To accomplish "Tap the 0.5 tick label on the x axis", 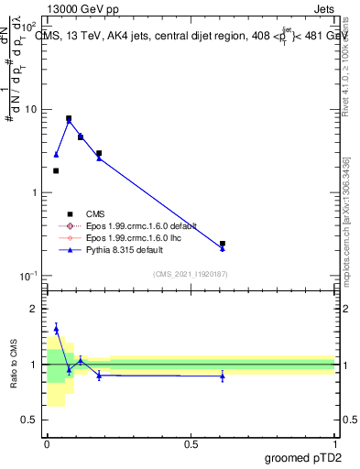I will (x=191, y=443).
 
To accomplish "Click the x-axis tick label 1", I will (x=335, y=443).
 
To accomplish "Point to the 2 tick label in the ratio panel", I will (x=35, y=310).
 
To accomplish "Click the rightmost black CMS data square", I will (x=223, y=244).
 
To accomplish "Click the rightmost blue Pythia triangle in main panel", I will (x=223, y=248).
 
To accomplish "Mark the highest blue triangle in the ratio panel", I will (x=56, y=328).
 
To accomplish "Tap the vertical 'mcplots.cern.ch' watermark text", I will (x=346, y=229).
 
